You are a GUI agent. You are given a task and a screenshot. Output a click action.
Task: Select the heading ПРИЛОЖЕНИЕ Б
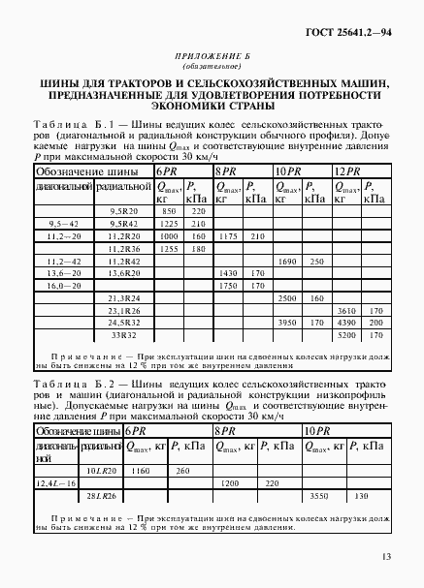point(211,59)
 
